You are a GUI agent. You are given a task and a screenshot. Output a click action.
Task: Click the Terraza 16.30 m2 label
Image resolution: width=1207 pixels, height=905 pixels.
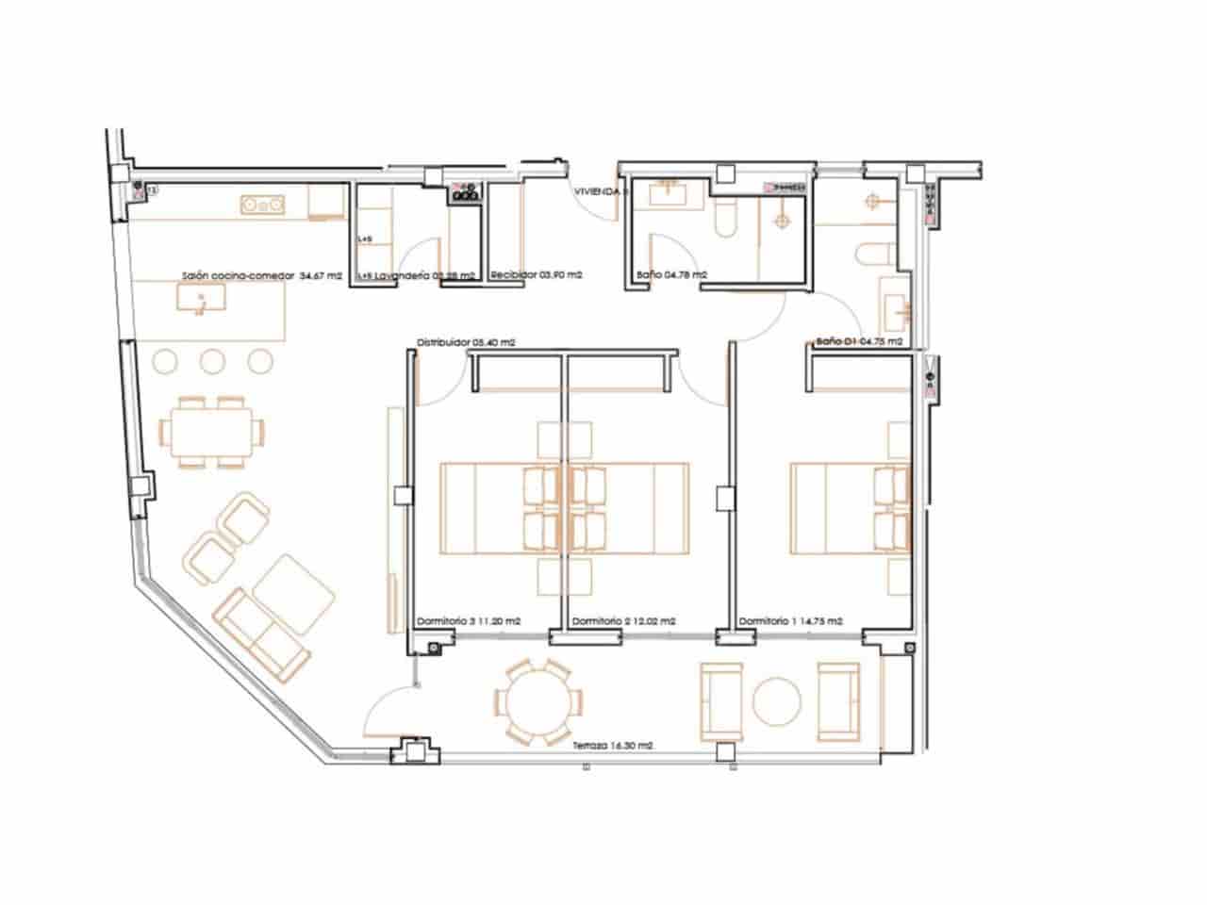tap(613, 745)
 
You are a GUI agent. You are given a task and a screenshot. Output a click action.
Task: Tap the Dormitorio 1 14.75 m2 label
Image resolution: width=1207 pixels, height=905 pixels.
tap(790, 621)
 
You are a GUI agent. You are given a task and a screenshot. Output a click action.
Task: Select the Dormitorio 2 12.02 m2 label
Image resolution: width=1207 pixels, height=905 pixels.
tap(623, 621)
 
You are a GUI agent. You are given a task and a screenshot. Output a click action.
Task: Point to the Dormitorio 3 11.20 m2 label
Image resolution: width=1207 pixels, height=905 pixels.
tap(469, 621)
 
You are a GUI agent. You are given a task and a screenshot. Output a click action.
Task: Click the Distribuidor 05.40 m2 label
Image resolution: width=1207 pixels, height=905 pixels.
tap(466, 343)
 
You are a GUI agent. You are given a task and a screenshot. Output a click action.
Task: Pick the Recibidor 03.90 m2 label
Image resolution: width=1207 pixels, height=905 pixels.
tap(535, 275)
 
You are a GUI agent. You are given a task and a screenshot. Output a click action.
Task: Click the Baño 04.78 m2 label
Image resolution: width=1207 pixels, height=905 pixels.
tap(672, 275)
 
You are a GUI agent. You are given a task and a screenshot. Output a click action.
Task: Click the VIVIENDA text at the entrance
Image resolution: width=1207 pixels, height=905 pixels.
tap(600, 191)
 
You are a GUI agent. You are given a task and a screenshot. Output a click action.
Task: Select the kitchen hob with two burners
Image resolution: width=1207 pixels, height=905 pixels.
tap(263, 204)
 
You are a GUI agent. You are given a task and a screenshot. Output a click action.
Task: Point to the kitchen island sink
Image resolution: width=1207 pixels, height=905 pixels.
tap(201, 300)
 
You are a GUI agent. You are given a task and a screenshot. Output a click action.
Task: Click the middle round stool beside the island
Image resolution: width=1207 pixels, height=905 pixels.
tap(212, 360)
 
